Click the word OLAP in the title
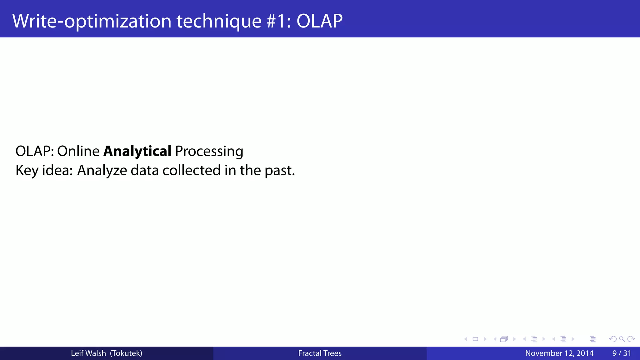[x=319, y=21]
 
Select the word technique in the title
[x=219, y=21]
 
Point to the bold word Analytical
[x=137, y=151]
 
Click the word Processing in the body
[x=209, y=151]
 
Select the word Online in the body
[x=78, y=151]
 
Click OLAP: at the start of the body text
[x=35, y=151]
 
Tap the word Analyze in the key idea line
[x=102, y=170]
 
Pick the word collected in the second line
[x=192, y=170]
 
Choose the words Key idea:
[x=44, y=170]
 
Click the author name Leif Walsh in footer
[x=88, y=353]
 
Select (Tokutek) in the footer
[x=126, y=353]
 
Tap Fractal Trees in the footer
[x=320, y=353]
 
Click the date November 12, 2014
[x=559, y=353]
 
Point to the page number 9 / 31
[x=622, y=353]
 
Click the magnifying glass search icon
[x=622, y=339]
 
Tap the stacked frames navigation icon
[x=504, y=339]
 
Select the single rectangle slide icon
[x=475, y=339]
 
